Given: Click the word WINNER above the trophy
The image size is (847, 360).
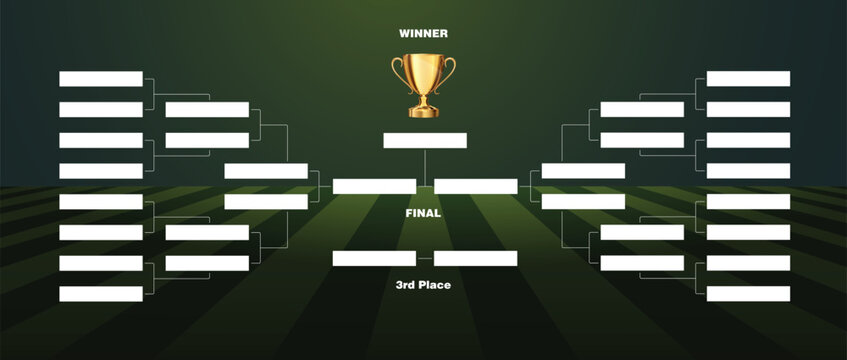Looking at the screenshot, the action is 423,33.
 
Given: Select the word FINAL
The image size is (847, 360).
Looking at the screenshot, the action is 423,213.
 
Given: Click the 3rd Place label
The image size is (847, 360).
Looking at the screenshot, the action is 423,285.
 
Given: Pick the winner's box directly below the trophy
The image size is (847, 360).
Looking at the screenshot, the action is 425,140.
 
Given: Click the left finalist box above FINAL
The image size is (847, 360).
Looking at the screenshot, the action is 374,186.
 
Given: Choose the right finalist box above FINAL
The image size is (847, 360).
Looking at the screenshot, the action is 476,186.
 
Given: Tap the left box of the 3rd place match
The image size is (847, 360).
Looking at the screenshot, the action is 374,258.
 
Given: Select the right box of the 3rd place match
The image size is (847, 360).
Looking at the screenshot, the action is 476,258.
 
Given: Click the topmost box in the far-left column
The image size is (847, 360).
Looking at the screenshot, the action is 101,79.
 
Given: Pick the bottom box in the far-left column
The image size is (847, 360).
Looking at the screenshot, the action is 101,294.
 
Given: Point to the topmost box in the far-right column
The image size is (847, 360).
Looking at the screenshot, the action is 748,79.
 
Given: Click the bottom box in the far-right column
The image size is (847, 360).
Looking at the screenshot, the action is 748,294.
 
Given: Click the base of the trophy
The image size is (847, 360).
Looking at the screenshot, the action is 423,110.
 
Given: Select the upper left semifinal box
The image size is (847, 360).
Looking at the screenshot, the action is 266,171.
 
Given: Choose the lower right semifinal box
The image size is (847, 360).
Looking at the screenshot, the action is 583,201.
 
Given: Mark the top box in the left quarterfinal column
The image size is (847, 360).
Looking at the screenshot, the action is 207,110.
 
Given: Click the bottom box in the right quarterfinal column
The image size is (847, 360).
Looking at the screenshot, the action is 642,263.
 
